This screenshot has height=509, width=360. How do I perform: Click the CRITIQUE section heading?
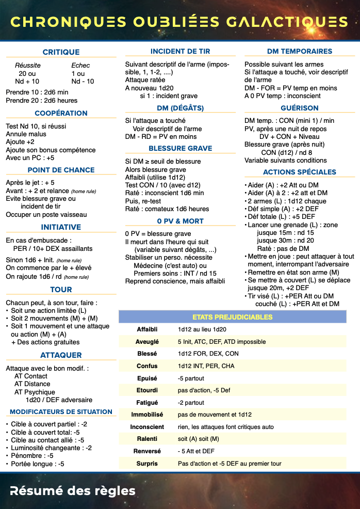click(61, 52)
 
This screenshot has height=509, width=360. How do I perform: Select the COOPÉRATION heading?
click(61, 113)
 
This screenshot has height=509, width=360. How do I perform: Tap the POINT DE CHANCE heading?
click(61, 170)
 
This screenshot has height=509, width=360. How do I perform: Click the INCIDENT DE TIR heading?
click(181, 52)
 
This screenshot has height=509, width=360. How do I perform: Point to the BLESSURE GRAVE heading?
click(181, 148)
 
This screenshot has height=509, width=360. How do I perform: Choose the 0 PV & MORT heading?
click(181, 221)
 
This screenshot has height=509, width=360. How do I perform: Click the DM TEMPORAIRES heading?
click(300, 52)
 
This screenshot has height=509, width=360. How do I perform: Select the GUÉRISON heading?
click(300, 108)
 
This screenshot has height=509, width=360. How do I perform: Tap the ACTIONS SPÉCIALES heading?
click(300, 172)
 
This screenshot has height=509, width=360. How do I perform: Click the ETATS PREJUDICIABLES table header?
click(232, 317)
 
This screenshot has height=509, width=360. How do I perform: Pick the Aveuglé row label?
click(147, 342)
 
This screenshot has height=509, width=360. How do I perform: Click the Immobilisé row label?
click(147, 415)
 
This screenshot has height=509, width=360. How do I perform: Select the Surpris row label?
click(147, 464)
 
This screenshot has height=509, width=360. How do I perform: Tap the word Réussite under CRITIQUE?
click(28, 66)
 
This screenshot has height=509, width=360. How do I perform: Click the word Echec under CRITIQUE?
click(80, 66)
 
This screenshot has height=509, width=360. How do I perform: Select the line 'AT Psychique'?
click(35, 392)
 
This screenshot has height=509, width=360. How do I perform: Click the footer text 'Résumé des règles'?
click(72, 490)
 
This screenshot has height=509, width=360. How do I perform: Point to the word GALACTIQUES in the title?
click(286, 22)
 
